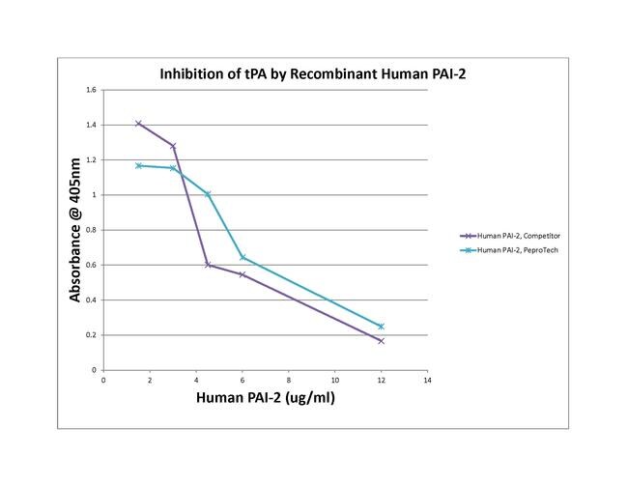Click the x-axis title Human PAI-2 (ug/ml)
pyautogui.click(x=266, y=398)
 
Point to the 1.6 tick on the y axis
pyautogui.click(x=92, y=90)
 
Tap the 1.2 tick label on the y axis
pyautogui.click(x=92, y=160)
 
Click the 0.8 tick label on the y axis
pyautogui.click(x=92, y=230)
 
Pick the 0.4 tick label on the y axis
pyautogui.click(x=92, y=300)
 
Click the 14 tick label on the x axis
pyautogui.click(x=427, y=380)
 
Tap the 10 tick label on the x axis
pyautogui.click(x=334, y=380)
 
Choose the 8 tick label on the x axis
pyautogui.click(x=288, y=380)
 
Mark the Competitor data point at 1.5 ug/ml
pyautogui.click(x=138, y=124)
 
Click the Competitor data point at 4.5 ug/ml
pyautogui.click(x=208, y=265)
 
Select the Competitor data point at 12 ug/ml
pyautogui.click(x=381, y=341)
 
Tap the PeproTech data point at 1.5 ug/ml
pyautogui.click(x=138, y=165)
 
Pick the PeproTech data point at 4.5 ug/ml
pyautogui.click(x=208, y=194)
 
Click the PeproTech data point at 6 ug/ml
pyautogui.click(x=243, y=258)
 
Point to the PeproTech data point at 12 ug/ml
pyautogui.click(x=381, y=327)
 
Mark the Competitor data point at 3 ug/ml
pyautogui.click(x=173, y=146)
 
